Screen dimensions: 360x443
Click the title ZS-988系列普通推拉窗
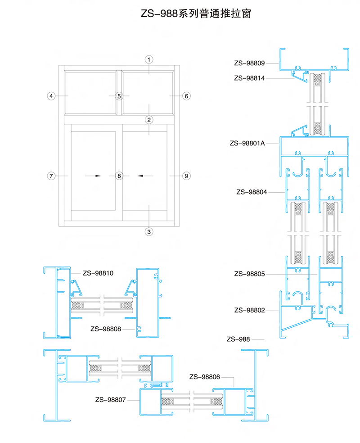196,13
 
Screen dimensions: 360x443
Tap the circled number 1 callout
149,59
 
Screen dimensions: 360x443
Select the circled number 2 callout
149,120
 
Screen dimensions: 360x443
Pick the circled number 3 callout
149,232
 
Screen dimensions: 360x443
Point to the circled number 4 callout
51,96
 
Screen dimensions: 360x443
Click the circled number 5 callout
119,96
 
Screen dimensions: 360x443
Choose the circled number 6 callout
186,96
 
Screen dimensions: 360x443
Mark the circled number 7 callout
51,176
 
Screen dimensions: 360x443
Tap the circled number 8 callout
119,176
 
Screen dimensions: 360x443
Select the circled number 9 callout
186,176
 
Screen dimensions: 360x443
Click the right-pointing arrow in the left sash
93,176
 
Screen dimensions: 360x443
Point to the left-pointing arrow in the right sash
145,176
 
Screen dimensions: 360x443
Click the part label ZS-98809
249,63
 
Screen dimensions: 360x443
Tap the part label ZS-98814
249,78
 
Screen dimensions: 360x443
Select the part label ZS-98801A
247,143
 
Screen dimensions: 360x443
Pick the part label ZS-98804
252,192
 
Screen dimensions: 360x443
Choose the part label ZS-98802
250,310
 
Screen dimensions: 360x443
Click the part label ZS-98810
98,273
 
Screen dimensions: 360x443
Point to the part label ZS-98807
110,400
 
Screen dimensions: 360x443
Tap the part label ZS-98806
205,377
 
